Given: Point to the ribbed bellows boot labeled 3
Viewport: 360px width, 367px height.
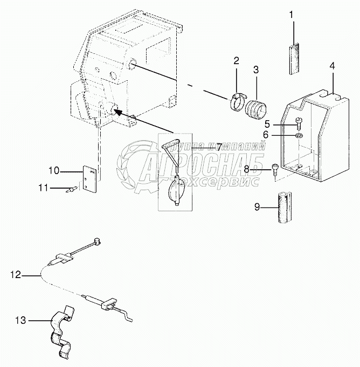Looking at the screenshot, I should [256, 106].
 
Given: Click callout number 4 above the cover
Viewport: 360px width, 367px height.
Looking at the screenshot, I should [333, 66].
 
